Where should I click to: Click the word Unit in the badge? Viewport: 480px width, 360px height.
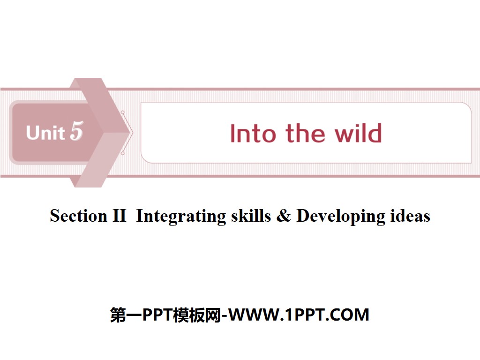point(45,133)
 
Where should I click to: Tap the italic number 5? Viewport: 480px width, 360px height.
point(76,131)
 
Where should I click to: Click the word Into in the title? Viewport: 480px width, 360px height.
point(253,134)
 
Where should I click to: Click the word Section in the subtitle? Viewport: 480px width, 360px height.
point(78,216)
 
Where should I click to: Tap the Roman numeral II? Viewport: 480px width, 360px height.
point(119,216)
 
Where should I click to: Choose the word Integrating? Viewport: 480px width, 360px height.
point(180,216)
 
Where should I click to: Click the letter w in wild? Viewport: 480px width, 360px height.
point(344,135)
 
